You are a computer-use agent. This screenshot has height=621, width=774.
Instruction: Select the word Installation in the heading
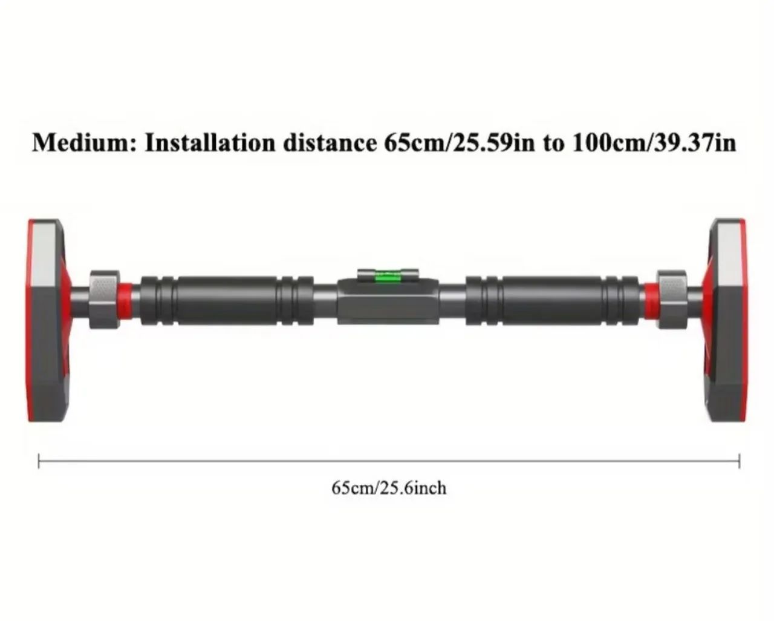210,143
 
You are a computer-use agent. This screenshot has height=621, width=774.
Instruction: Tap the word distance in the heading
330,143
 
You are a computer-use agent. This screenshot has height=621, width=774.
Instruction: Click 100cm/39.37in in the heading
654,143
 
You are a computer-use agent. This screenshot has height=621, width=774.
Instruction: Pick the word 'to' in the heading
553,144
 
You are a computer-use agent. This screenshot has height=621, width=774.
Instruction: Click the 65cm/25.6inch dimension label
389,488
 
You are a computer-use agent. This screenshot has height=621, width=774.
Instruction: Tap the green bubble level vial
388,278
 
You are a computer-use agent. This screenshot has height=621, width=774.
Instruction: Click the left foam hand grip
227,301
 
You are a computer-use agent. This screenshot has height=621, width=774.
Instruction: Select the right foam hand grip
553,301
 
